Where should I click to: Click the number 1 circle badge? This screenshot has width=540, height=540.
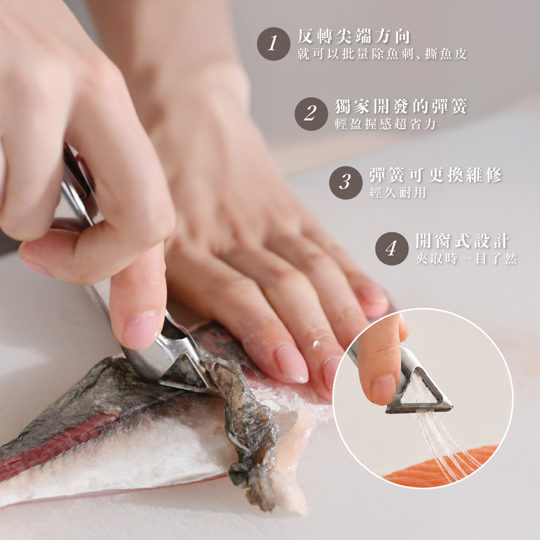[x=273, y=44]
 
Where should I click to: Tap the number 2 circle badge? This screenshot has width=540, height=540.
[x=311, y=113]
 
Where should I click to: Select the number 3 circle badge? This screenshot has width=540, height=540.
[x=346, y=183]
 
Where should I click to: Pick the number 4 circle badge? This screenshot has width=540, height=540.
[x=392, y=248]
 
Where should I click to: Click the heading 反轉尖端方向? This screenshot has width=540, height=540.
[x=354, y=37]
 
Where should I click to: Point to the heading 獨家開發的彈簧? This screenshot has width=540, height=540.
[x=401, y=106]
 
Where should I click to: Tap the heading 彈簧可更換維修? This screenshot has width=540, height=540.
[x=435, y=175]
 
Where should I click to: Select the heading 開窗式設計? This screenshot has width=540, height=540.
[x=462, y=240]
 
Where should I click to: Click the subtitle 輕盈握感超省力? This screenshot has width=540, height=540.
[x=386, y=124]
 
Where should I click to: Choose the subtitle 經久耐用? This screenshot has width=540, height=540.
[x=398, y=193]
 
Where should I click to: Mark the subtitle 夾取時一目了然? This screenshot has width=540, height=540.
[x=467, y=258]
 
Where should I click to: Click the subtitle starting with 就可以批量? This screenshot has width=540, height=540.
[x=382, y=54]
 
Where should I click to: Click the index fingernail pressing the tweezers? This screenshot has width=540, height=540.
[x=140, y=330]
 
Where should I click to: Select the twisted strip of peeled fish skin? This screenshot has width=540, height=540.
[x=247, y=430]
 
